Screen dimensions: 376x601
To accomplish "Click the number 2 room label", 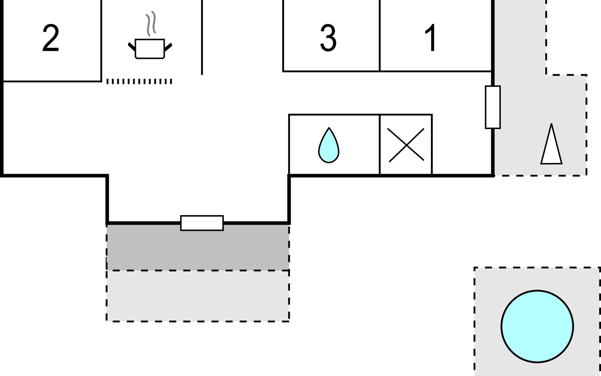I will coord(51,39).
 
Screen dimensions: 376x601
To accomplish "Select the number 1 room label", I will coord(431,38).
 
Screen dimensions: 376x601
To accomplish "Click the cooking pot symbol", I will coord(150,49).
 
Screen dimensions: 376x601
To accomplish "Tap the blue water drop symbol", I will coord(329,146).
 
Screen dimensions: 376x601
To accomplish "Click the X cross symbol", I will coord(406,145).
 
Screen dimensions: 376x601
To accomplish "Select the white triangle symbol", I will coord(551,145).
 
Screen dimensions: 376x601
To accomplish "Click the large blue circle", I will coord(537,326).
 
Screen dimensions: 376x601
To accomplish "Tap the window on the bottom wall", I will coord(202,223).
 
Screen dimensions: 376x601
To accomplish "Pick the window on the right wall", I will coord(493,107).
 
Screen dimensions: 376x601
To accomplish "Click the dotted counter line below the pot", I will coord(139,81).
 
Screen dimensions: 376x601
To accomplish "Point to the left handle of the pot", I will coord(132,46).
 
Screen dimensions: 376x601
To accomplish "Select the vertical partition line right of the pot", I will coord(202,38).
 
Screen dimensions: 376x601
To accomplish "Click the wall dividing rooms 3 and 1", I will coord(380,36).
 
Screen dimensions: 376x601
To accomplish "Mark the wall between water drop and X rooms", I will coord(380,144).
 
